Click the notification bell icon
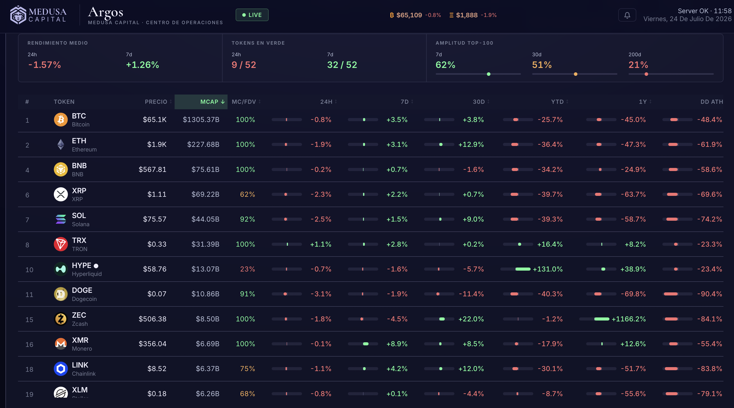coord(627,15)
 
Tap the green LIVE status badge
coord(252,15)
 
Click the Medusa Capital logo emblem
coord(18,15)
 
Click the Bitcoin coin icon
coord(61,120)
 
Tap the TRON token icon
coord(61,244)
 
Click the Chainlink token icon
coord(61,369)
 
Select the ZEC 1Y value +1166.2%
coord(629,319)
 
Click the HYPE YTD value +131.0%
coord(548,269)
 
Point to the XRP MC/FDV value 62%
coord(247,195)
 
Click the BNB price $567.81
coord(152,170)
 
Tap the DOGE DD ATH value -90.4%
coord(709,294)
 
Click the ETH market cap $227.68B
coord(203,145)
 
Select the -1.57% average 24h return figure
coord(44,65)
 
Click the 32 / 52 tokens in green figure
coord(342,65)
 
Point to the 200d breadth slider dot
coord(646,74)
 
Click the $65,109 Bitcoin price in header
coord(409,15)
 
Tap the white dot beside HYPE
coord(96,266)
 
